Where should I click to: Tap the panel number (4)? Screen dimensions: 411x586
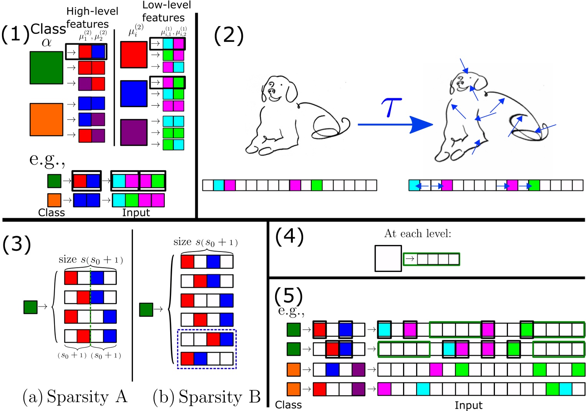pos(289,236)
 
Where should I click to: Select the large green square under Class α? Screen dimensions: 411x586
pos(46,68)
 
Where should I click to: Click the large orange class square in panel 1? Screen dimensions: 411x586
pos(46,119)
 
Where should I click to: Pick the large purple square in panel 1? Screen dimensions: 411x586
pos(134,133)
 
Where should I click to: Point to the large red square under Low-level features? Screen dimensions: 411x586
pos(134,55)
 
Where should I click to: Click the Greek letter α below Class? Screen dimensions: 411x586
pos(46,42)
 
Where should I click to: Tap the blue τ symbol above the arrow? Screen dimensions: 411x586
pos(391,107)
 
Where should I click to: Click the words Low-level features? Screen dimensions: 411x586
pos(166,12)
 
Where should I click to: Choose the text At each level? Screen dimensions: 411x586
pos(417,234)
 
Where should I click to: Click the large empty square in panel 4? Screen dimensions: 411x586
pos(388,259)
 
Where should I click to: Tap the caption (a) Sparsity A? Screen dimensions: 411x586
pos(75,397)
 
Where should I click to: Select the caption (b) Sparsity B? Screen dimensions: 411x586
pos(207,397)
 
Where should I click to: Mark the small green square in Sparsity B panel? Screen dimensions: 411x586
pos(146,310)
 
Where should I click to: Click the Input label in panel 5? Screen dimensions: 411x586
pos(468,405)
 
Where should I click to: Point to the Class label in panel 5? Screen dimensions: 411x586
pos(288,405)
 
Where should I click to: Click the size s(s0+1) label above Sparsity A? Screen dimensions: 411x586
pos(91,260)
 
